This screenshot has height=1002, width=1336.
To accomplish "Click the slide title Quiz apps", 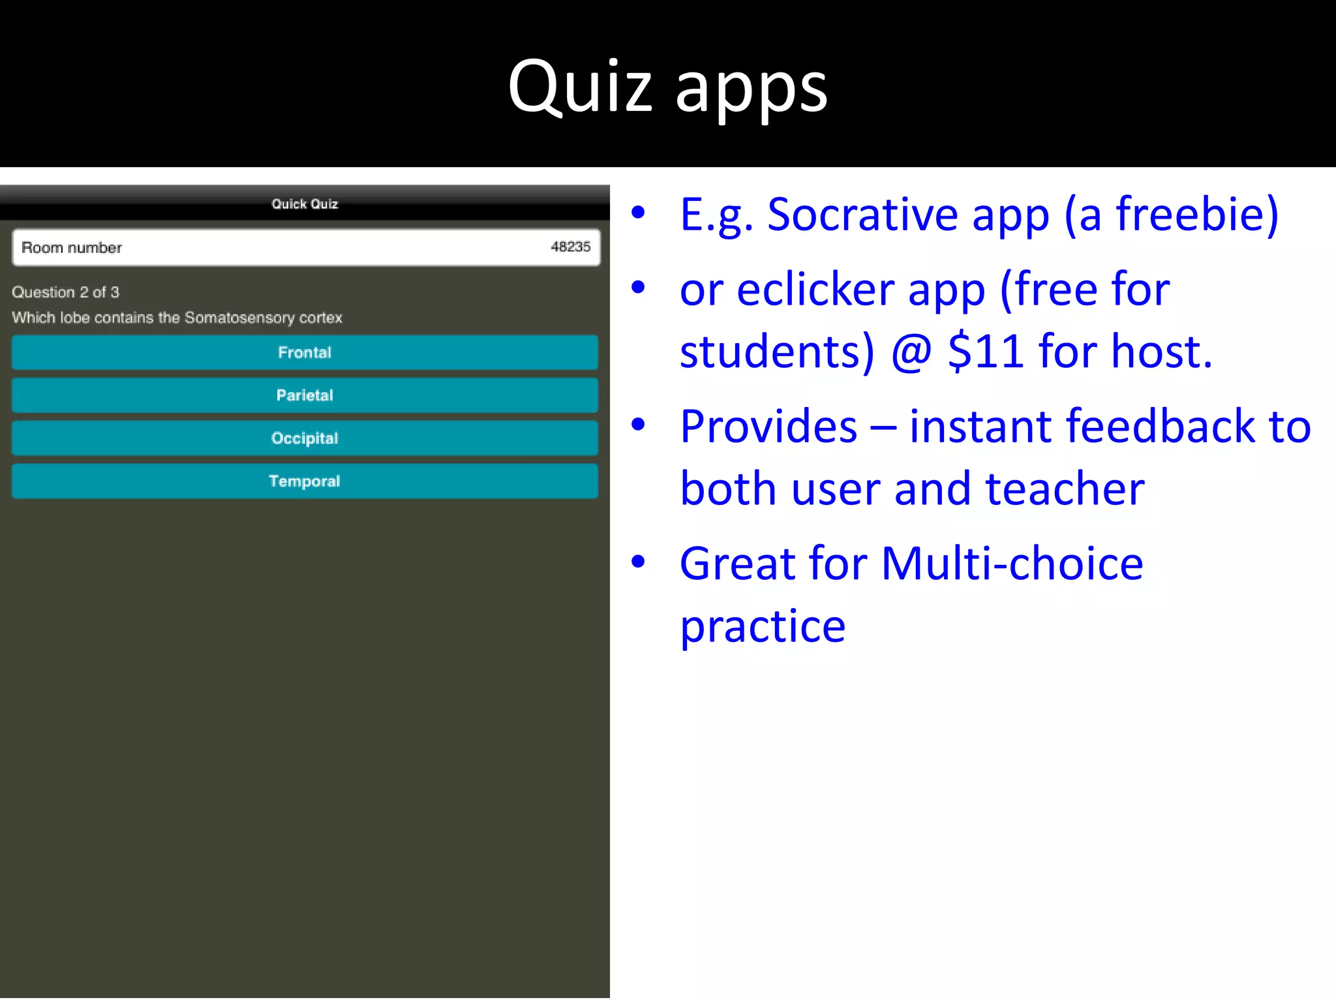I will (x=667, y=88).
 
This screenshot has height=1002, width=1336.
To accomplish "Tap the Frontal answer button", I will (x=305, y=353).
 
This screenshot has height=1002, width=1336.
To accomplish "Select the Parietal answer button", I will (x=305, y=396).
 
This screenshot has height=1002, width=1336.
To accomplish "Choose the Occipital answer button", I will (x=305, y=438).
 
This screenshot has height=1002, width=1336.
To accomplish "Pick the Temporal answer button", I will (x=305, y=481).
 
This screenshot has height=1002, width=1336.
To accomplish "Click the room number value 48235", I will (x=570, y=247).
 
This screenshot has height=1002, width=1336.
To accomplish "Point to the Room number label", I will (x=72, y=248).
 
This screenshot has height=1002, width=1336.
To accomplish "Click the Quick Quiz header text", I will (x=305, y=204).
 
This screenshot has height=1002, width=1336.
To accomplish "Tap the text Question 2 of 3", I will (x=65, y=292).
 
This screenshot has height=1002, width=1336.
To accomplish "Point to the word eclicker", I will (x=815, y=290).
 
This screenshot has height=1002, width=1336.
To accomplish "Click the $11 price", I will (x=985, y=352).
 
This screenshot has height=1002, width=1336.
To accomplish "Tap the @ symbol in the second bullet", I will (x=911, y=352).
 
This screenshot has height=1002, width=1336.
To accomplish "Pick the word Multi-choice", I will (x=1012, y=564).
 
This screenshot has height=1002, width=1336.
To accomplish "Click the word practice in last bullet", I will (x=763, y=627).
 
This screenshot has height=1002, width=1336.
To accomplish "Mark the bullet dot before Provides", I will (x=638, y=425).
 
